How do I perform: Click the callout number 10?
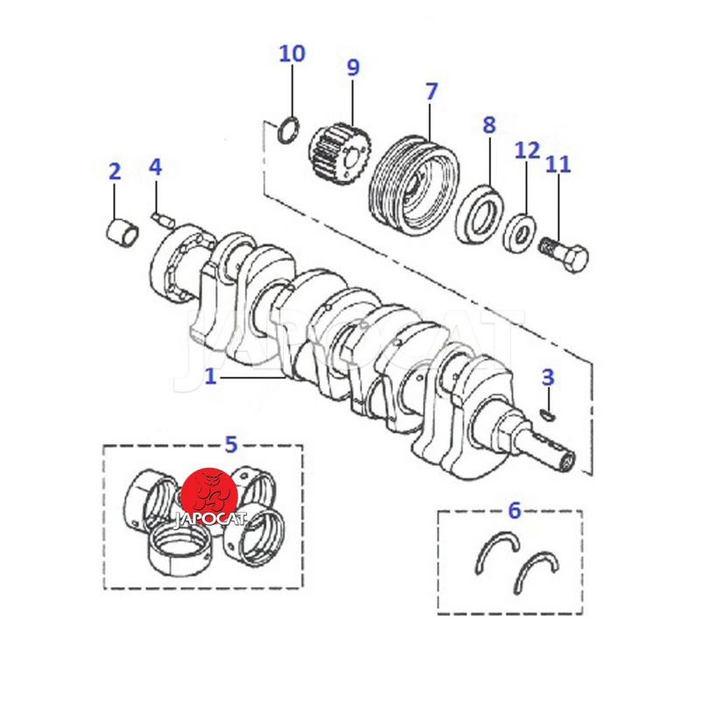tap(292, 53)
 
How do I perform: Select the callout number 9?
tap(352, 67)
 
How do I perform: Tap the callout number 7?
tap(430, 91)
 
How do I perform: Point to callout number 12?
tap(527, 150)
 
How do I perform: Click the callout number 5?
tap(230, 444)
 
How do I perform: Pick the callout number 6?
tap(514, 509)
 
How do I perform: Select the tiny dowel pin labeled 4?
tap(159, 216)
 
